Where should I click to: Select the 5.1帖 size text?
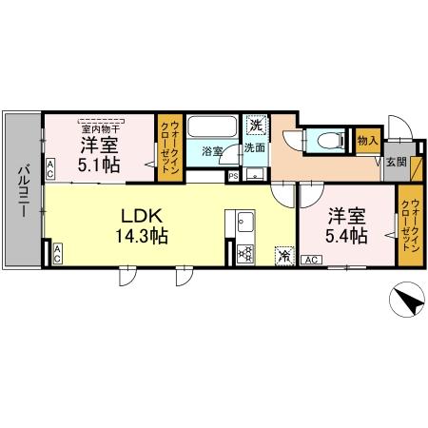98,162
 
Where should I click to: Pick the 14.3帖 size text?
143,237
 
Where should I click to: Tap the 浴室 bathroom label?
212,150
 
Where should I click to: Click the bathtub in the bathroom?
212,128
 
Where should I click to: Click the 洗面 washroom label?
254,148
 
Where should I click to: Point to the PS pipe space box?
232,175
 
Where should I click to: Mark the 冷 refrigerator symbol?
283,254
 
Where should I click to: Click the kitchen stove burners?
245,253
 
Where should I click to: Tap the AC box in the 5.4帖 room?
310,258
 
